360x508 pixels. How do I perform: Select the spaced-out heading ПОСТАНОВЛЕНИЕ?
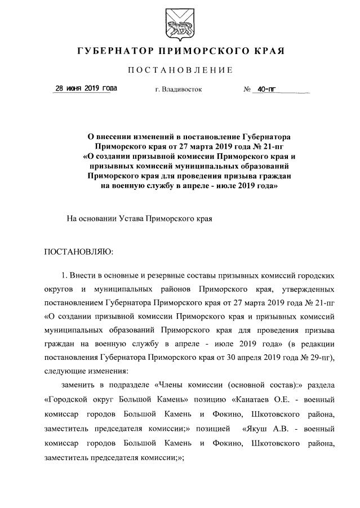(x=180, y=70)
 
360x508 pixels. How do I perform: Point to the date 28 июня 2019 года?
(x=86, y=89)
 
